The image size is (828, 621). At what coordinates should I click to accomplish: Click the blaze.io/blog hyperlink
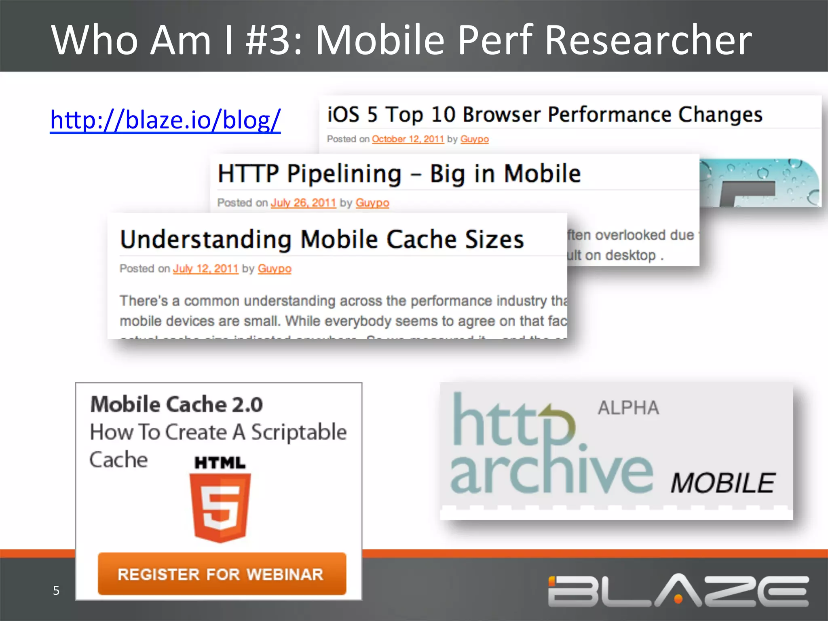click(165, 120)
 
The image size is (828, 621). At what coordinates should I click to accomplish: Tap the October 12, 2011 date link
click(408, 139)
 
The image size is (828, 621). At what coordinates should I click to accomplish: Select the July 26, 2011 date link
click(303, 203)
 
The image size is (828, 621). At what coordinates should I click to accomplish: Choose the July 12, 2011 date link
click(205, 268)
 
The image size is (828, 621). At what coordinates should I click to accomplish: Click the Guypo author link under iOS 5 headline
click(474, 139)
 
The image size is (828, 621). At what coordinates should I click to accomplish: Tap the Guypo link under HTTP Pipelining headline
click(372, 203)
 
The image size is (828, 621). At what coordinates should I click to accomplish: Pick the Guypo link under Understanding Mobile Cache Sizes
click(275, 268)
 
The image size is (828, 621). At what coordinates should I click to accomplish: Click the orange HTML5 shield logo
click(220, 507)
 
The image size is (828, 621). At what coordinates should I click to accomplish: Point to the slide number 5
click(56, 590)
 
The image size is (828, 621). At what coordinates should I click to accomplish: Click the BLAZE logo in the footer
click(678, 591)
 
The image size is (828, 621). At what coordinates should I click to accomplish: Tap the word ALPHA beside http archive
click(628, 408)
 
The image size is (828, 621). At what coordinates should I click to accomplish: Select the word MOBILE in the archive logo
click(722, 483)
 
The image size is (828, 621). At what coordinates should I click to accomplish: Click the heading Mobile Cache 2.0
click(177, 404)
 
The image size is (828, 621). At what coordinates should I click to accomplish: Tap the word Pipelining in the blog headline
click(344, 174)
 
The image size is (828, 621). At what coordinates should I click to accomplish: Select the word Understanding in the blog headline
click(206, 239)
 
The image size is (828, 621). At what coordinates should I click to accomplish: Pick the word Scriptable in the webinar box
click(299, 432)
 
